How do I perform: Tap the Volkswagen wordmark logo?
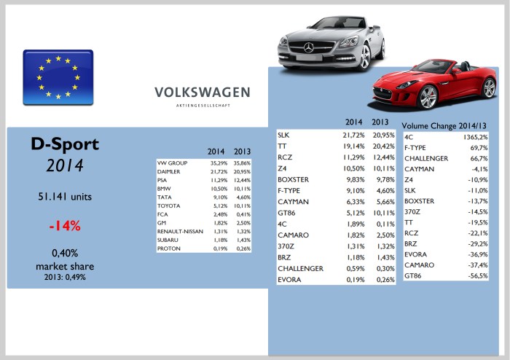pyautogui.click(x=202, y=93)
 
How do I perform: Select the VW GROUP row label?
pyautogui.click(x=172, y=163)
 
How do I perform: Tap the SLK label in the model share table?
pyautogui.click(x=286, y=136)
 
